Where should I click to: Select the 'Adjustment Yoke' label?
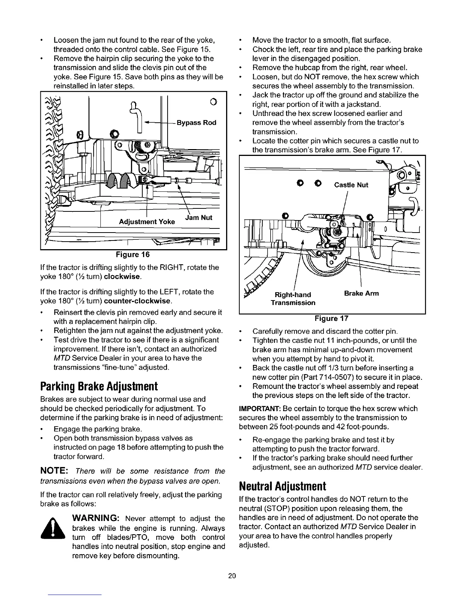pyautogui.click(x=147, y=222)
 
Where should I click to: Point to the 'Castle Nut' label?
pyautogui.click(x=351, y=185)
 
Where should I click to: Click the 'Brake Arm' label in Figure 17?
pyautogui.click(x=361, y=293)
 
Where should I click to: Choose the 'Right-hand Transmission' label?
pyautogui.click(x=293, y=298)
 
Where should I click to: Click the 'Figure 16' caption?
pyautogui.click(x=132, y=255)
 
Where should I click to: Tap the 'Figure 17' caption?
pyautogui.click(x=331, y=318)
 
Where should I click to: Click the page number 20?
pyautogui.click(x=232, y=576)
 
